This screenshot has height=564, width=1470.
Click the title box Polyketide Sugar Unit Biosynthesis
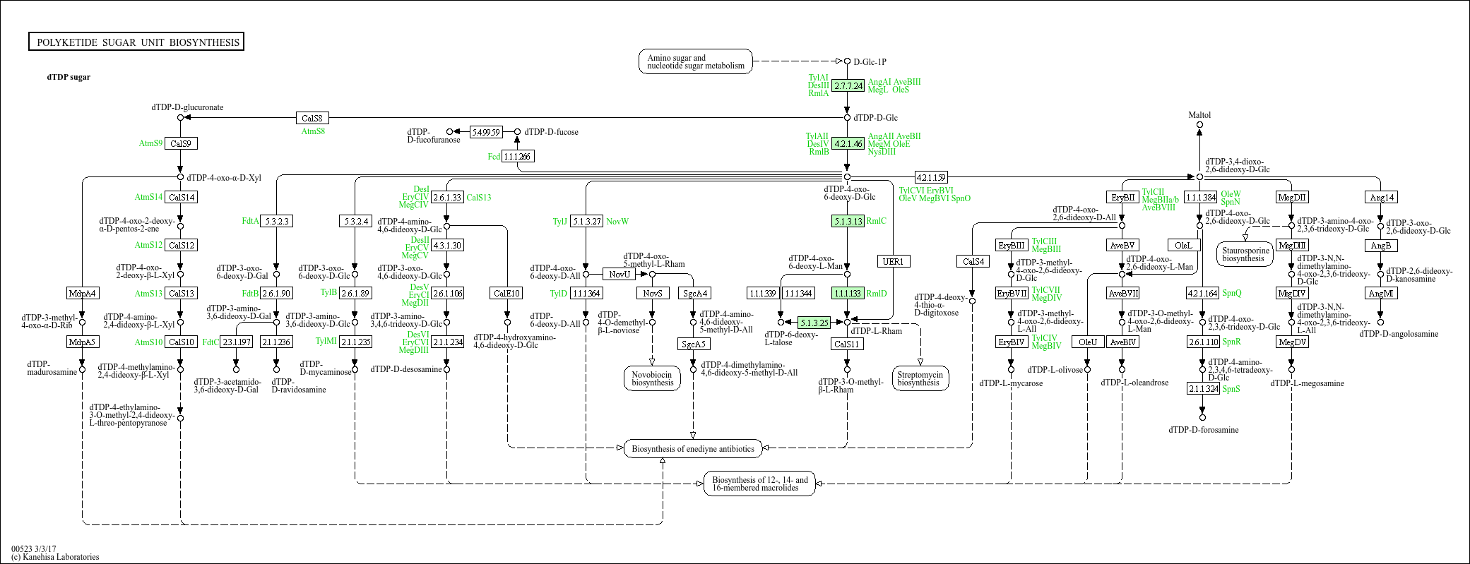click(137, 42)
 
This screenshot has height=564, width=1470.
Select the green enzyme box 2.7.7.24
click(848, 85)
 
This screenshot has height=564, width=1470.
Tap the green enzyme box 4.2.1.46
click(848, 143)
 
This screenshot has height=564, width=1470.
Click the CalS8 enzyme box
click(312, 118)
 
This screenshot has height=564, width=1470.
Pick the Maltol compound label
click(1199, 115)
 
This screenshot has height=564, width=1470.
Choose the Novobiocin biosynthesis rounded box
click(652, 379)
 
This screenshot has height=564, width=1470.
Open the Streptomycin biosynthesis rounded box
click(919, 378)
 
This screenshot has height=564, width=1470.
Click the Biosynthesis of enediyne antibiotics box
click(692, 449)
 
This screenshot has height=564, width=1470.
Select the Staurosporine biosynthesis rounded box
click(1245, 254)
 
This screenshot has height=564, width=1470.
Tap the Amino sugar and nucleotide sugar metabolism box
click(696, 61)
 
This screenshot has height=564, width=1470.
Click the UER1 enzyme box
click(893, 261)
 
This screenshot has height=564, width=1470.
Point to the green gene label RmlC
click(876, 221)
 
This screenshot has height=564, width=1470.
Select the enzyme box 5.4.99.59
click(485, 132)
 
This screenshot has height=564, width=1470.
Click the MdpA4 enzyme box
click(82, 293)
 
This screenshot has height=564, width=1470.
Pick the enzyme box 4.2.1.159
click(930, 177)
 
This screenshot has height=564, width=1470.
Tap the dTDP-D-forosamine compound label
click(1203, 430)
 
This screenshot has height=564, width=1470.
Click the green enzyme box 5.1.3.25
click(814, 323)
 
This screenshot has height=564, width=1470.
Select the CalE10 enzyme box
click(506, 293)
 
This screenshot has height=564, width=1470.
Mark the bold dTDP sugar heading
click(69, 77)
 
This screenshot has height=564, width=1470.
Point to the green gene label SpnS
click(1231, 389)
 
